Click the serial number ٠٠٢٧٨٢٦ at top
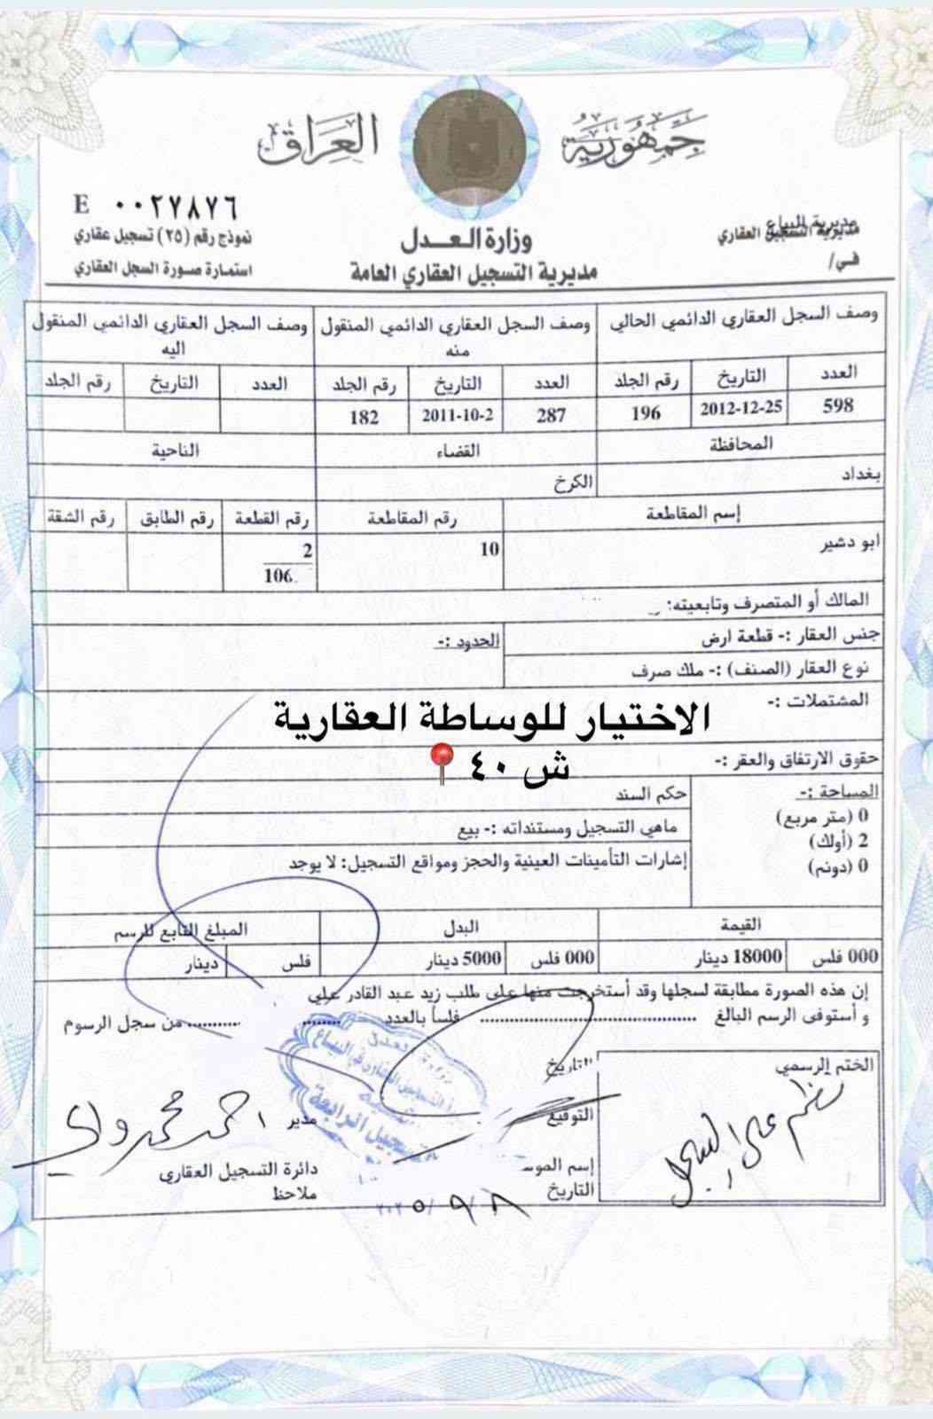[x=177, y=205]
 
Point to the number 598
[x=838, y=406]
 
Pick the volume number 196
[x=646, y=412]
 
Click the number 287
[x=551, y=415]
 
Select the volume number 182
[x=364, y=417]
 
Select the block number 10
[x=490, y=549]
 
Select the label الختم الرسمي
[x=836, y=1065]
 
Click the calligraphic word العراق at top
[x=319, y=142]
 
